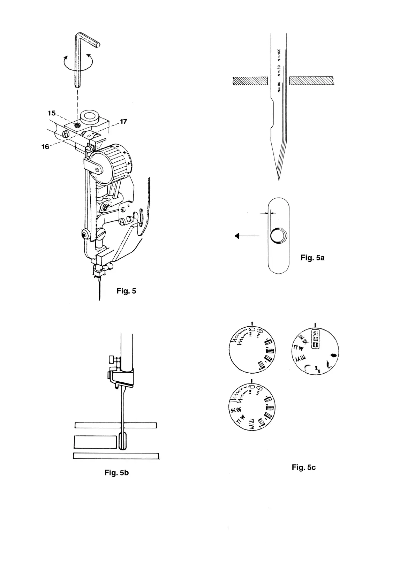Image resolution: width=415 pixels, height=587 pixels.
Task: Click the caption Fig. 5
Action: [x=126, y=291]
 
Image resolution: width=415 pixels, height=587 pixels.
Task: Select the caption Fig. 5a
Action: [x=312, y=258]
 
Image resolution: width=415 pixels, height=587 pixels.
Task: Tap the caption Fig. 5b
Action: [x=116, y=473]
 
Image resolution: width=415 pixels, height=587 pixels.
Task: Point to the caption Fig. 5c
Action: [x=304, y=467]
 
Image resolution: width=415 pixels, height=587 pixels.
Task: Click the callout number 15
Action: [x=52, y=113]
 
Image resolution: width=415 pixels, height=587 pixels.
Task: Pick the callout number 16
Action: [x=45, y=147]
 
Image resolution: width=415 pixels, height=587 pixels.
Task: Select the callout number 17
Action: [x=123, y=122]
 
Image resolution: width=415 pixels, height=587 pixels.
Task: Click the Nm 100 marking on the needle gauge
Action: [x=279, y=55]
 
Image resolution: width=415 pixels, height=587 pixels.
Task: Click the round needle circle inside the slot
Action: [x=278, y=236]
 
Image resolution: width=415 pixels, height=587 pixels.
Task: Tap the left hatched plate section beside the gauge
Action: [x=250, y=81]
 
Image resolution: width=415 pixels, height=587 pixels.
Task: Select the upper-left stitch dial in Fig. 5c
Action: [x=252, y=350]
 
